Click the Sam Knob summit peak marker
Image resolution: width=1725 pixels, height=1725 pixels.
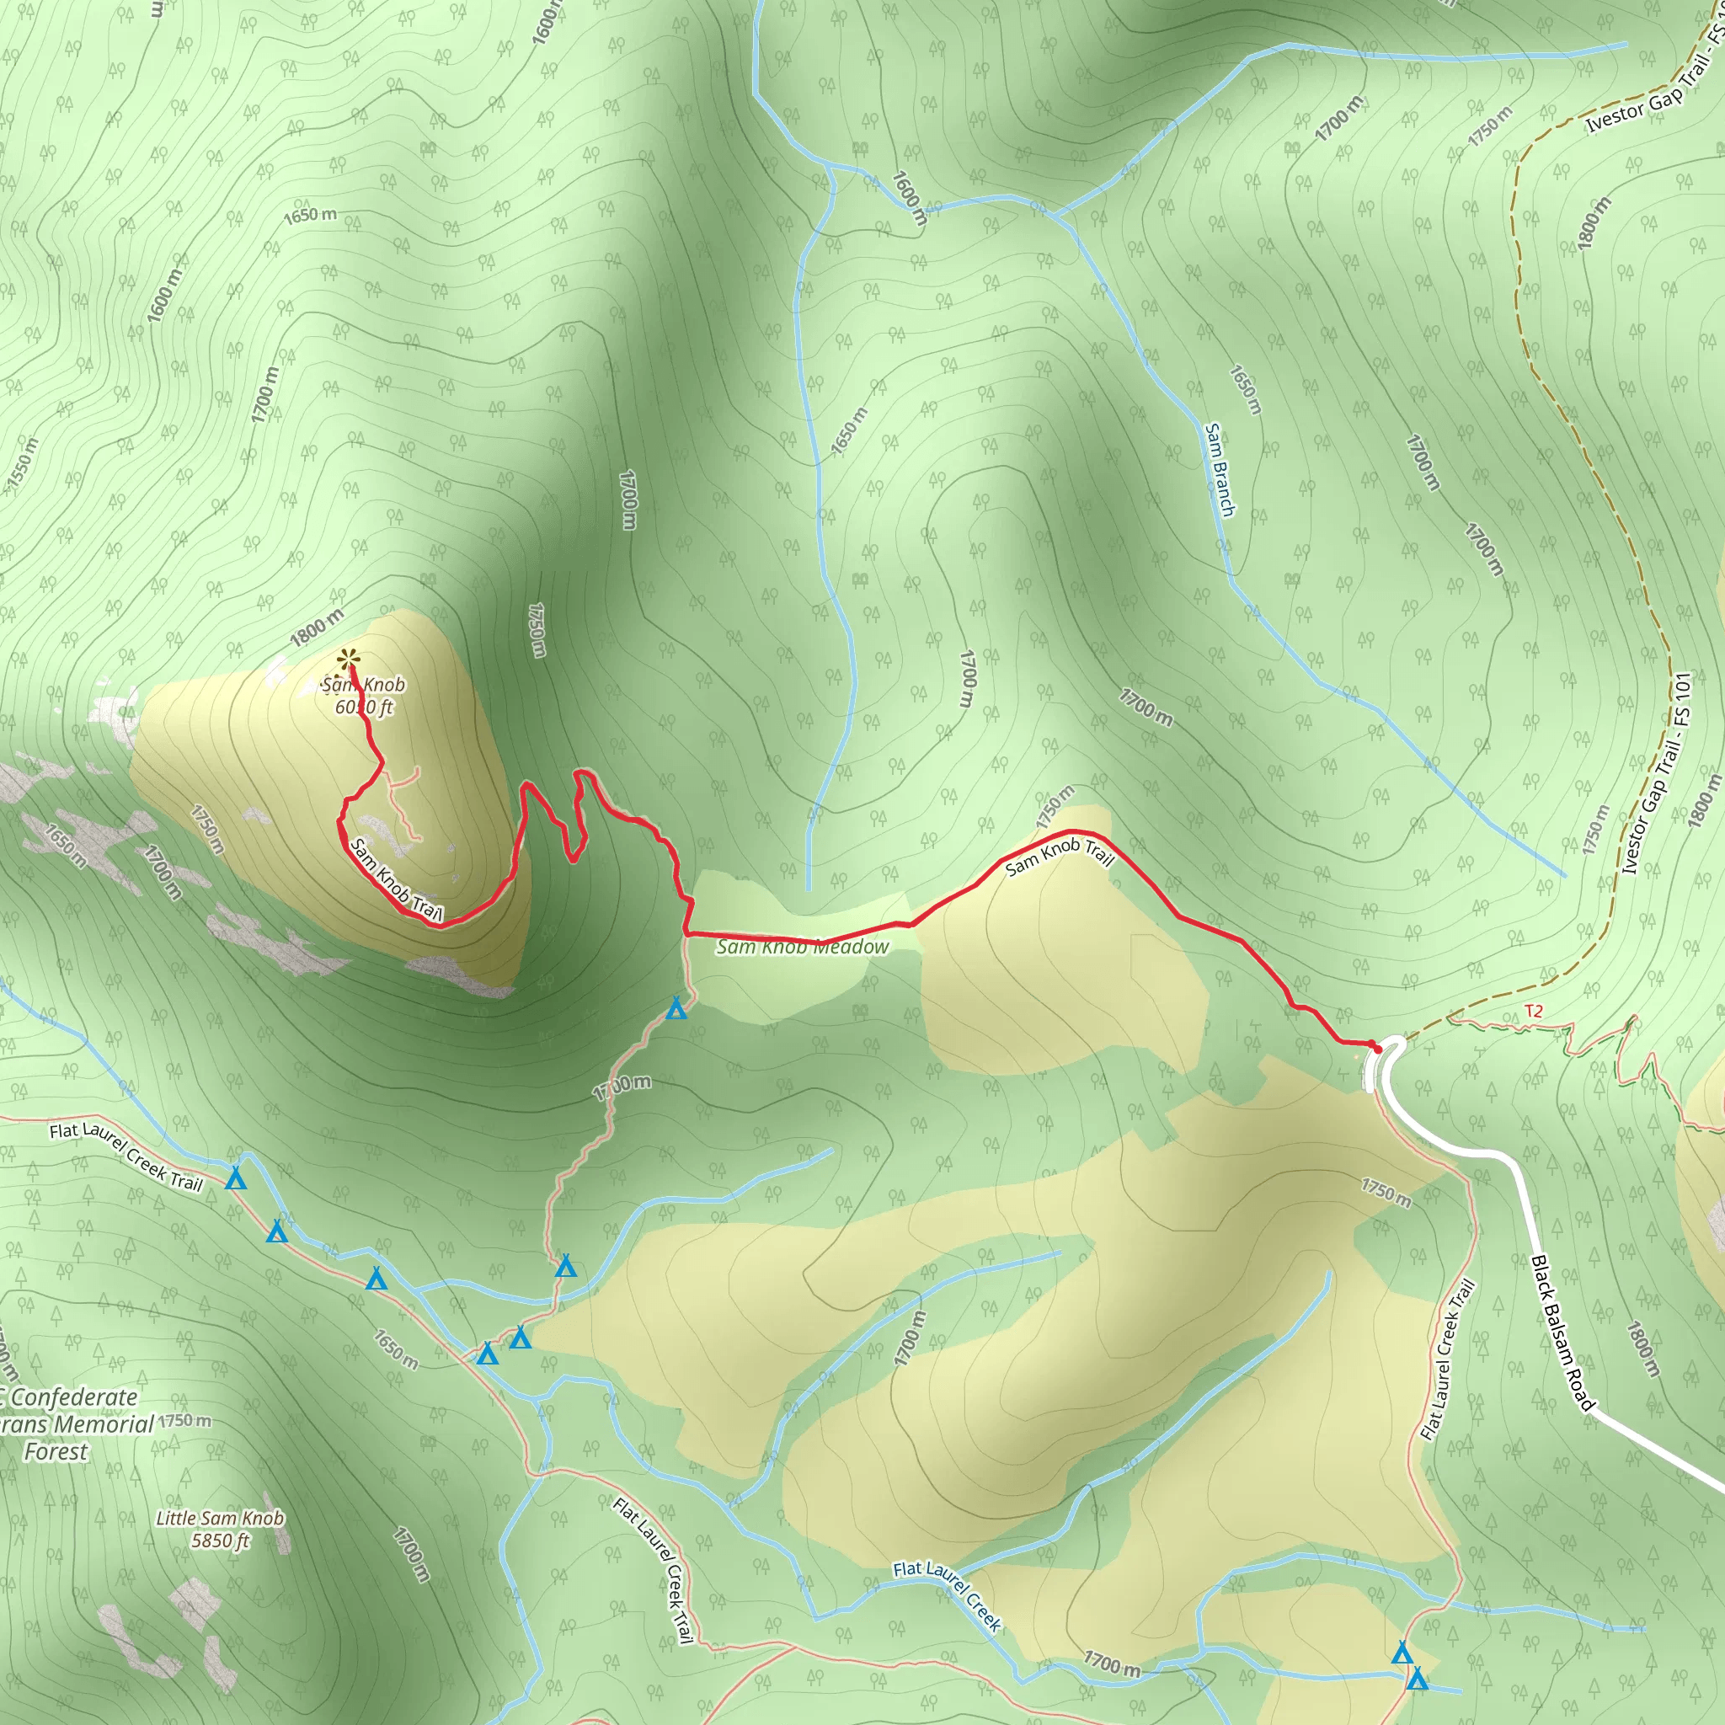coord(348,660)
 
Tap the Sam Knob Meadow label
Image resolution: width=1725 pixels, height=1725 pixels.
coord(802,948)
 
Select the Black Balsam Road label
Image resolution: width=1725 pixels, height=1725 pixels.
coord(1562,1334)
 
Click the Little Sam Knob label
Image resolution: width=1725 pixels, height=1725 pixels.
coord(220,1518)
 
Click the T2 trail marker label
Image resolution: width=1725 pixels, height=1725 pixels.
coord(1533,1012)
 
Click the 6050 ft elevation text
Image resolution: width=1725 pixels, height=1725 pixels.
coord(364,708)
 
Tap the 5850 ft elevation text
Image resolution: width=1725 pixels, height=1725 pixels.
coord(221,1541)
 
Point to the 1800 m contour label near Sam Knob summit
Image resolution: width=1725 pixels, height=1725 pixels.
coord(317,628)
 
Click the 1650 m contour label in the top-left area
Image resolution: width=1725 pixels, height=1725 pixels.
coord(310,215)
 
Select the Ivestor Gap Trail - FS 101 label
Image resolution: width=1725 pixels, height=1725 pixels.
coord(1656,773)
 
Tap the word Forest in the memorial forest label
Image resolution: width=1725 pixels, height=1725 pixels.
coord(56,1452)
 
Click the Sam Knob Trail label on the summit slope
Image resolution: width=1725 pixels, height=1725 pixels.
coord(396,880)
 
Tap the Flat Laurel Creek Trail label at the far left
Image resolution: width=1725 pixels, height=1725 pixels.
coord(126,1156)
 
